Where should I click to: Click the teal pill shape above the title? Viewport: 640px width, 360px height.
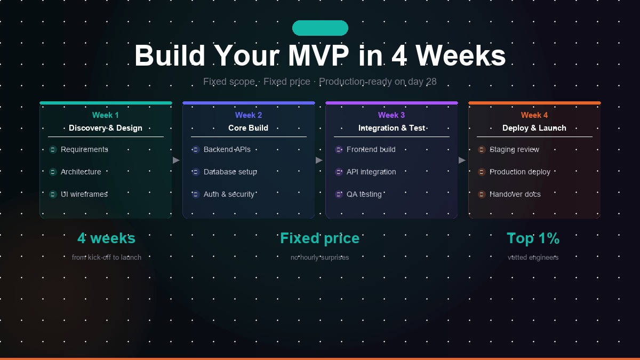(320, 28)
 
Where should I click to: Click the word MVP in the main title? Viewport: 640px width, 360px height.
(318, 55)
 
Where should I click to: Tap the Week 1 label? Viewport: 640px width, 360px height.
(106, 115)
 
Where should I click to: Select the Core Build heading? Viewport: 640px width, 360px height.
(249, 128)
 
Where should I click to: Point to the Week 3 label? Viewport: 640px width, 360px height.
(391, 115)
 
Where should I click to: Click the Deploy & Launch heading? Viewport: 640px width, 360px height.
(534, 128)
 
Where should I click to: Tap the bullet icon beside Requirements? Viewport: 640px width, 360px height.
(53, 149)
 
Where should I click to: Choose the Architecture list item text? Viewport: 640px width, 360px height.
(81, 172)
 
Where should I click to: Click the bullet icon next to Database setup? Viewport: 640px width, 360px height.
(196, 172)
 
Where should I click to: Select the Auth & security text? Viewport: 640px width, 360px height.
(229, 194)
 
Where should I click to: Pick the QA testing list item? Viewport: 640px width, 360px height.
(364, 194)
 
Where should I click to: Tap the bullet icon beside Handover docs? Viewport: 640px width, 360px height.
(482, 194)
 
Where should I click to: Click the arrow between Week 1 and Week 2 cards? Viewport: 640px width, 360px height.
(177, 161)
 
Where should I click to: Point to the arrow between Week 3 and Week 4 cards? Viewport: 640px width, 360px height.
(462, 161)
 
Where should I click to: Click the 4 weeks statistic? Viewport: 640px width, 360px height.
(106, 238)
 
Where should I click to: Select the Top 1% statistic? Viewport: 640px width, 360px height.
(533, 238)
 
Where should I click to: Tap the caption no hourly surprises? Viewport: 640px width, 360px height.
(319, 258)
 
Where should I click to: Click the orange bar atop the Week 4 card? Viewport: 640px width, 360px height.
(534, 103)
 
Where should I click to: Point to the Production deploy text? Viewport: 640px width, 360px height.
(520, 172)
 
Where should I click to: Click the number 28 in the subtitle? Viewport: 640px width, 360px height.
(431, 82)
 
